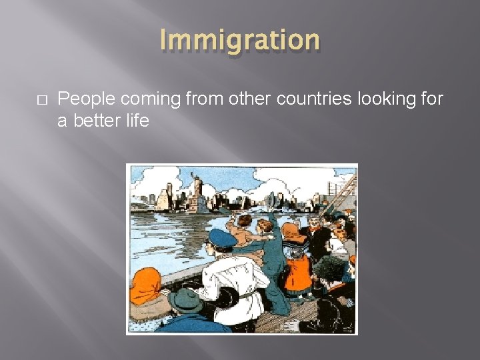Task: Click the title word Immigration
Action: (x=240, y=40)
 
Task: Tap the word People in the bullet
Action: (x=82, y=99)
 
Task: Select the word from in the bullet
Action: (x=203, y=99)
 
